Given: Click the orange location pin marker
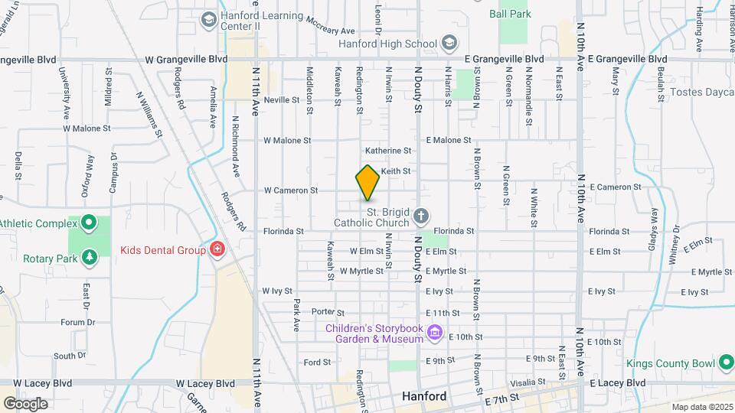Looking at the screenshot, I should (x=367, y=183).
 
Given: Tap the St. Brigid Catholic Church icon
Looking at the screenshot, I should (x=420, y=217).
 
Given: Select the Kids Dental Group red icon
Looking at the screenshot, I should (x=217, y=250).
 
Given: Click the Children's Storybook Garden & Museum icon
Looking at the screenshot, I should (x=435, y=333).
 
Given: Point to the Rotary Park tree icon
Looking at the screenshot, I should (x=90, y=258).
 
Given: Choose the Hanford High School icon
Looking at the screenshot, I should (x=449, y=43).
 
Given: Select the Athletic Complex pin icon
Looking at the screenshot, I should (x=89, y=224).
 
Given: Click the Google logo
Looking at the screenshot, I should (x=25, y=403).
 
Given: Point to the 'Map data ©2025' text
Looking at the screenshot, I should (x=702, y=407).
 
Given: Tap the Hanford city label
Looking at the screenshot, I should (x=424, y=397).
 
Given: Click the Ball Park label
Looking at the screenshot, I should (x=510, y=13).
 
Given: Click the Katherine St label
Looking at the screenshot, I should (x=388, y=151).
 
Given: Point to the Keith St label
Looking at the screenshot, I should (x=396, y=171).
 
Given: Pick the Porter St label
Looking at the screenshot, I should (x=328, y=312).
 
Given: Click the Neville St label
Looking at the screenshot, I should (x=281, y=100).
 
